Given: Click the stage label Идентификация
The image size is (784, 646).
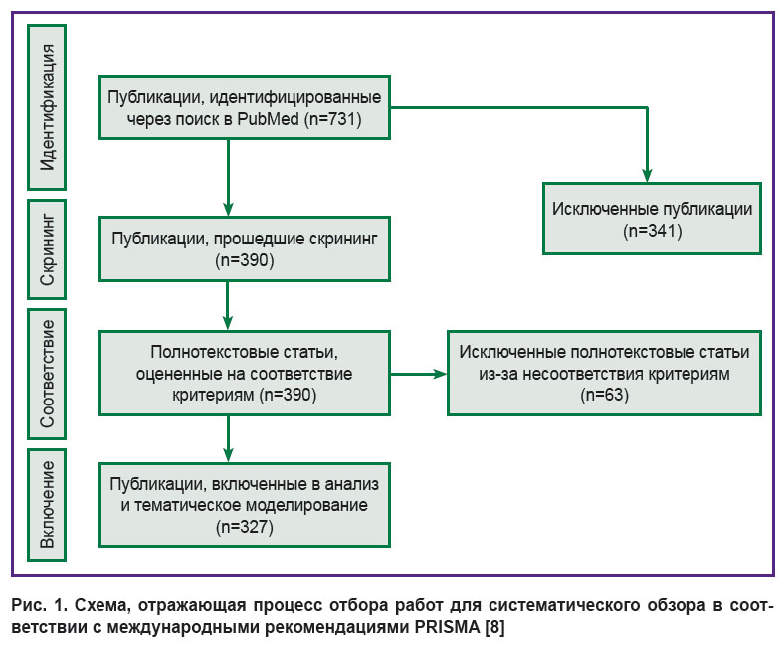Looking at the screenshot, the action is (48, 107).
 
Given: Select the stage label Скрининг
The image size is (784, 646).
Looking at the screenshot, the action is (48, 249).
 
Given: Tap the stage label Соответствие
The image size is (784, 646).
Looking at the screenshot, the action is (48, 374).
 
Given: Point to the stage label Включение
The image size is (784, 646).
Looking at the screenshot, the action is (48, 504).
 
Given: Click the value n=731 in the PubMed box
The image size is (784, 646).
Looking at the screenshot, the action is (332, 119).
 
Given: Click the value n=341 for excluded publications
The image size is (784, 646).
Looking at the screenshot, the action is (653, 231).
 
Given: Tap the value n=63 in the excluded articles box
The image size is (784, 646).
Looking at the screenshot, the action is (605, 395).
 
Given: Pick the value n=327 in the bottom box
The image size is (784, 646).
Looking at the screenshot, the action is (245, 527).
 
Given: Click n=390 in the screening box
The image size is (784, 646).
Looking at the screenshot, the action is (245, 260).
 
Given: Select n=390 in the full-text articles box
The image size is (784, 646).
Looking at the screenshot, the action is (288, 395).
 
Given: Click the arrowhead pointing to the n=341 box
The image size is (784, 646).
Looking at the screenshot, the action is (647, 175).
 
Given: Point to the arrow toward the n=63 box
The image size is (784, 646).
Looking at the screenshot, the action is (419, 374).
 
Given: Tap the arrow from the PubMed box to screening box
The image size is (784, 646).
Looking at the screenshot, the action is (228, 177).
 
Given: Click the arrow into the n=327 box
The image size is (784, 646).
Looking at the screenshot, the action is (228, 439).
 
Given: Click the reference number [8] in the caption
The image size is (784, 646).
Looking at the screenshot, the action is (495, 627).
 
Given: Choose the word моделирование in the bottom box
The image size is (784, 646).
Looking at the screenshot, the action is (310, 505).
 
